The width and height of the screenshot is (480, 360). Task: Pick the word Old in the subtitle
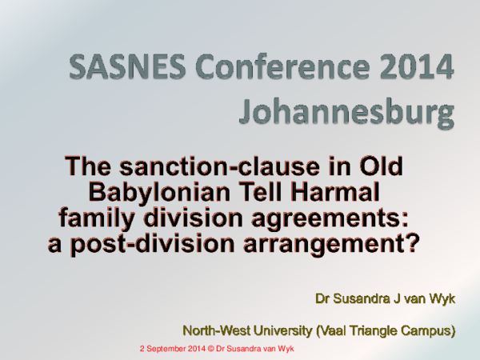tap(379, 168)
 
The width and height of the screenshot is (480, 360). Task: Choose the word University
tap(281, 330)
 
